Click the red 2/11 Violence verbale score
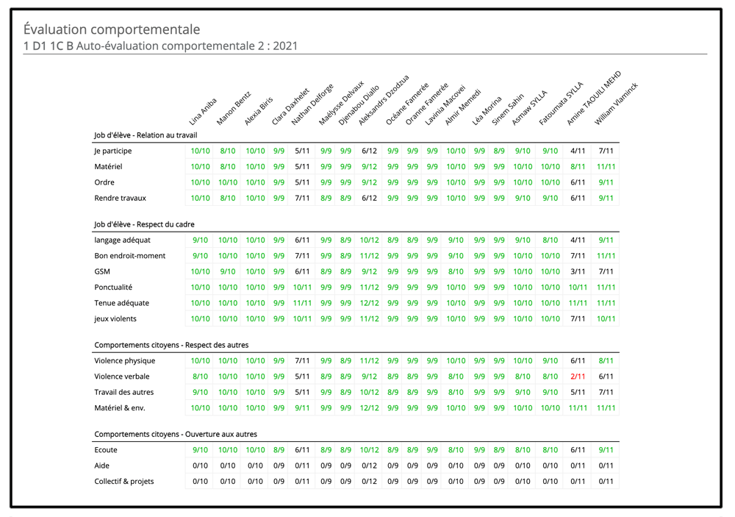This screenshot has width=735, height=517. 578,377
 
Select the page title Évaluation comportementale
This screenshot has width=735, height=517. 112,29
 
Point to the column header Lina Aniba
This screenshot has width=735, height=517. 203,112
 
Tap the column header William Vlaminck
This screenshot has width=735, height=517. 617,104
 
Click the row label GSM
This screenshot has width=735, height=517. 102,271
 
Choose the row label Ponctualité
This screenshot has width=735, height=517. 113,287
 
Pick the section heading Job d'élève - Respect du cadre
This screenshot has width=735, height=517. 144,224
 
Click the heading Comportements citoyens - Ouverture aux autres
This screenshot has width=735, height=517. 176,434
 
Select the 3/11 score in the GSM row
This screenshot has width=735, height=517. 578,271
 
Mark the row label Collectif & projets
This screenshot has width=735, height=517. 123,482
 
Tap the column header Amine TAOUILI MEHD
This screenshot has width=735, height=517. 594,98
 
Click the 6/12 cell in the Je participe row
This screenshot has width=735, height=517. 370,151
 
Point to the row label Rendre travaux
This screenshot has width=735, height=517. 120,198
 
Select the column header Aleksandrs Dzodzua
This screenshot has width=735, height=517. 384,100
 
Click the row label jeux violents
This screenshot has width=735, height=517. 115,318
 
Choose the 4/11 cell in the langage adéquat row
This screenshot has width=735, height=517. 578,240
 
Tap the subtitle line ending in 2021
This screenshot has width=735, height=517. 160,46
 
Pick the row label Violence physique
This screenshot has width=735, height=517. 125,361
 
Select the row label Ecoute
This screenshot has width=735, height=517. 106,450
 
